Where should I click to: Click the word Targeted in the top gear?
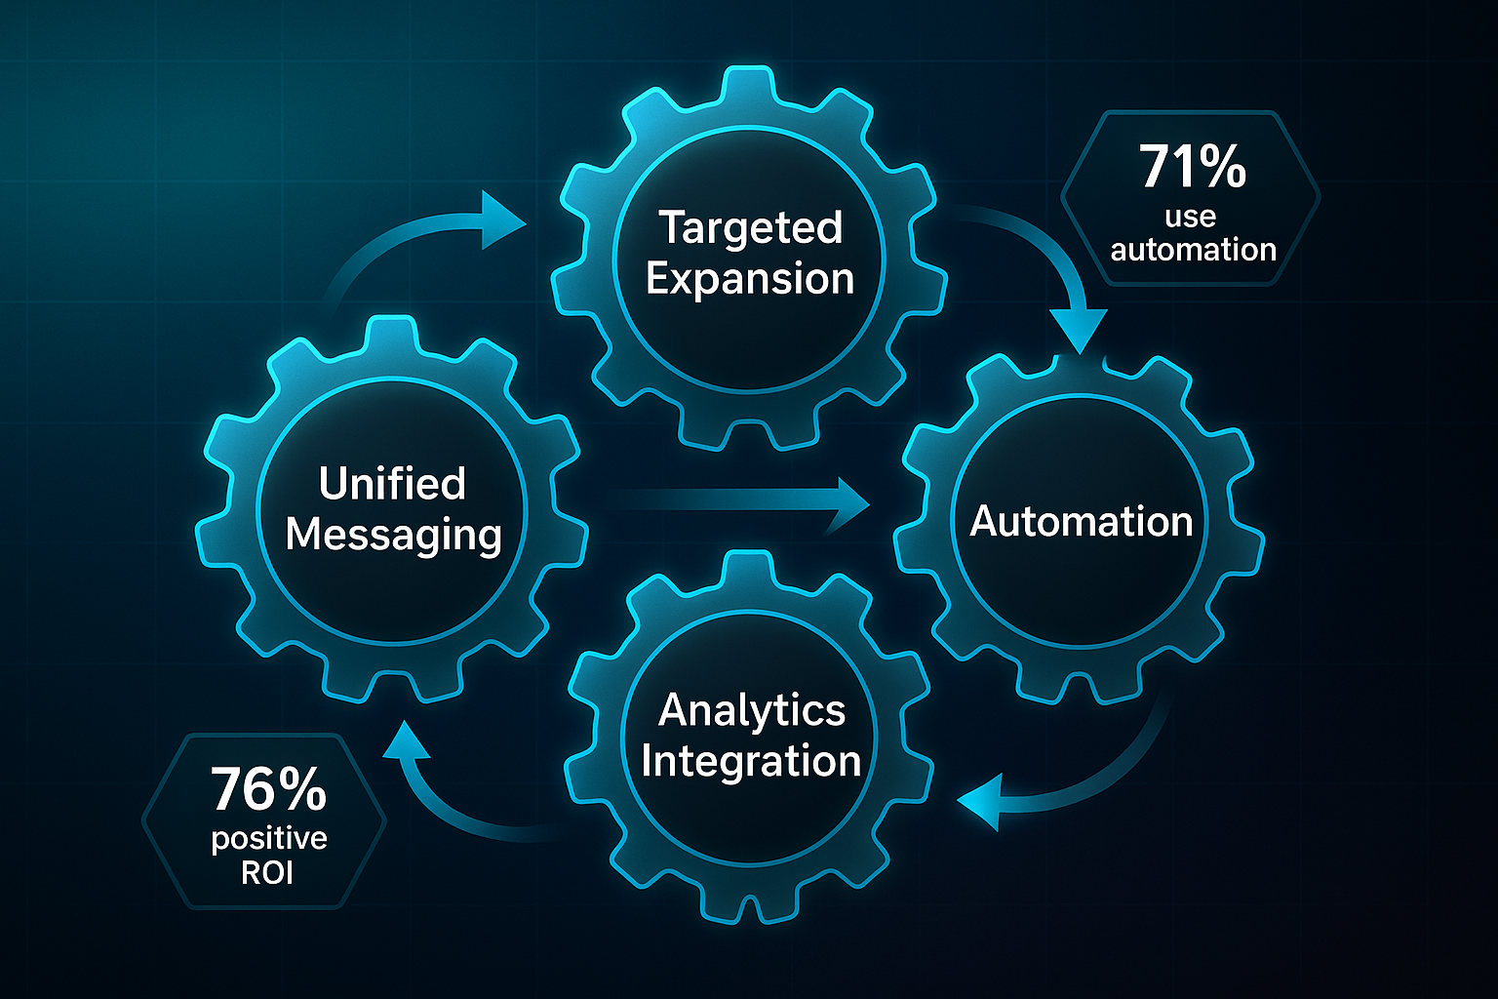click(750, 228)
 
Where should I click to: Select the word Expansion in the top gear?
click(750, 279)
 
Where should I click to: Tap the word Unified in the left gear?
click(392, 484)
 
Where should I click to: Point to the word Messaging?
click(393, 535)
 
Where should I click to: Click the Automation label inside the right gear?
click(1081, 521)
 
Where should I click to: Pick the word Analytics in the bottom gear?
click(751, 710)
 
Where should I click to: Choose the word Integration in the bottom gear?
click(751, 761)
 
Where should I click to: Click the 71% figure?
click(1193, 167)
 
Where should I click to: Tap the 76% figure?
click(268, 789)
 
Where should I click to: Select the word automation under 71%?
click(1193, 250)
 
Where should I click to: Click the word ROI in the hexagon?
click(267, 872)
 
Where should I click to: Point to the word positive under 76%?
click(269, 839)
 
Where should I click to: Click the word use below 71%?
click(1190, 217)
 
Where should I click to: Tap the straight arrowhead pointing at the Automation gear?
click(850, 503)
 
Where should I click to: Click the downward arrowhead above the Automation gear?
click(1081, 332)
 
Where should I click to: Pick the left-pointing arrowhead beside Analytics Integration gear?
click(979, 802)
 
